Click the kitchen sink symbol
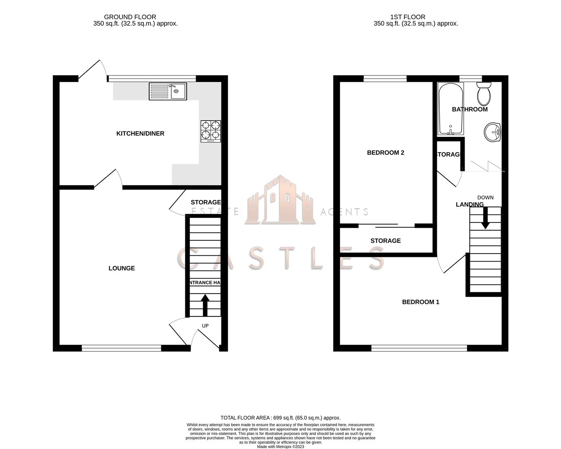168,91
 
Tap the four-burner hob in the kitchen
211,131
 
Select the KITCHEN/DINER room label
140,133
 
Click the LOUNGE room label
122,268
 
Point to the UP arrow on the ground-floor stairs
205,305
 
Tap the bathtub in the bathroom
450,109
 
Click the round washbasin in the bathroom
493,133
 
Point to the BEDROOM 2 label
385,153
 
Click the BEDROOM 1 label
421,302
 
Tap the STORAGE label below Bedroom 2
386,241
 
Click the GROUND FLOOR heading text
130,17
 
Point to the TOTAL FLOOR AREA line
280,418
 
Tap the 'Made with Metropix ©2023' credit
280,447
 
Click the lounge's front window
121,348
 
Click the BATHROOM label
470,109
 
